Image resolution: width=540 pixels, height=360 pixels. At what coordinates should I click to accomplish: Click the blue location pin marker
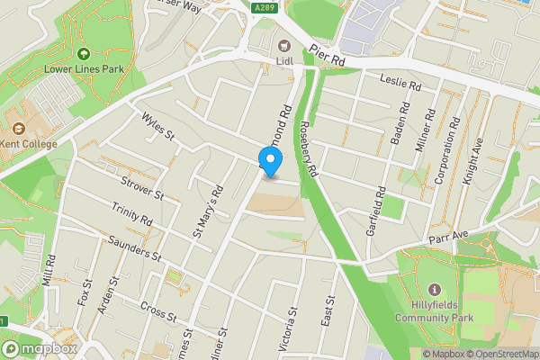271,160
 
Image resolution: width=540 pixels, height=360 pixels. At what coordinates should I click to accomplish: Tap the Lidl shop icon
285,46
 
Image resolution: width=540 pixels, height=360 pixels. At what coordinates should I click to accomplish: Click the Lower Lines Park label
84,68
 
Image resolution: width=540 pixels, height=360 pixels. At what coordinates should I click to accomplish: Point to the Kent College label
27,144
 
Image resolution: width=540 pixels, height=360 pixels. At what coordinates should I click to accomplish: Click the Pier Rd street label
327,56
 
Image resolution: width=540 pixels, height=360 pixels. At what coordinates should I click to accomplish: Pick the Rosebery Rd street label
309,148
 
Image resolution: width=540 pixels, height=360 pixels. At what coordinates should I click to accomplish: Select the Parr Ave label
449,235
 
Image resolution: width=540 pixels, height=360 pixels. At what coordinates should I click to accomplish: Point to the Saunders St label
133,249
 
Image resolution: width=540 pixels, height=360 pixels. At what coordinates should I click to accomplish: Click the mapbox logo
40,348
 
